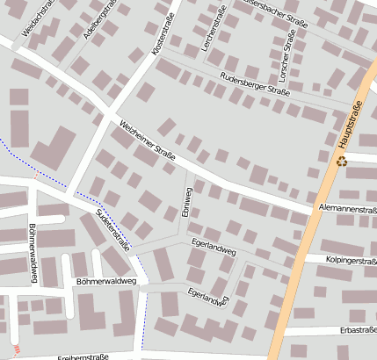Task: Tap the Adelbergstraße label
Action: click(x=98, y=21)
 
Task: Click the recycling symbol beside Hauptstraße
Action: click(x=341, y=161)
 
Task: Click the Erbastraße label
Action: click(x=356, y=330)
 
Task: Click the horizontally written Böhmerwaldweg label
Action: click(x=105, y=282)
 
